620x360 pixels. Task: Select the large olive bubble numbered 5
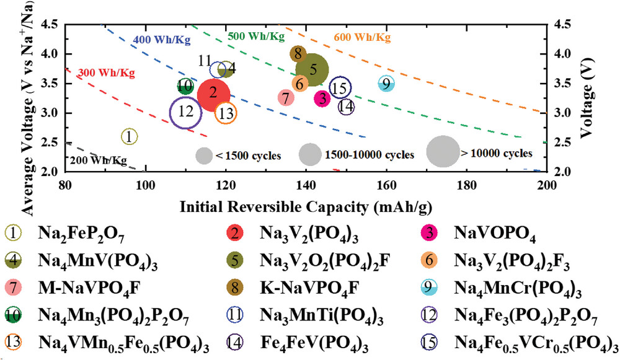[313, 70]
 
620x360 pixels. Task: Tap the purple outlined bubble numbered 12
[185, 113]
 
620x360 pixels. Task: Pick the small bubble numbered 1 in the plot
[128, 136]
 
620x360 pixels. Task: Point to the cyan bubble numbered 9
[386, 84]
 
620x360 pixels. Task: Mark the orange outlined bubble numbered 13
[226, 113]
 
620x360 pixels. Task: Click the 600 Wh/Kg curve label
[363, 37]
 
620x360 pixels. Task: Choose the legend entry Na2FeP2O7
[80, 233]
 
